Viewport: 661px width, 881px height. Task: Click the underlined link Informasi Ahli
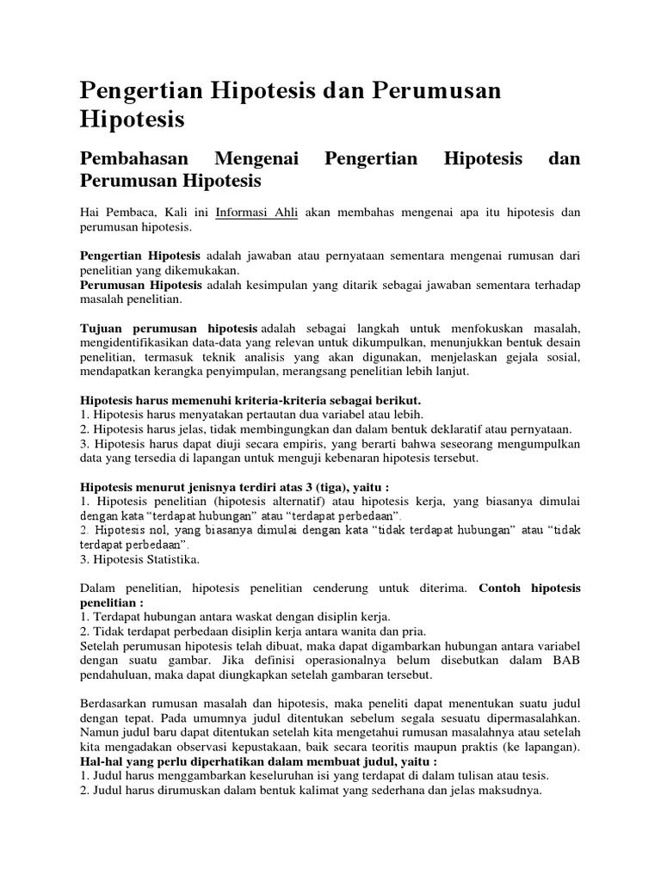256,212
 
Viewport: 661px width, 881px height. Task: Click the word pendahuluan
114,675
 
